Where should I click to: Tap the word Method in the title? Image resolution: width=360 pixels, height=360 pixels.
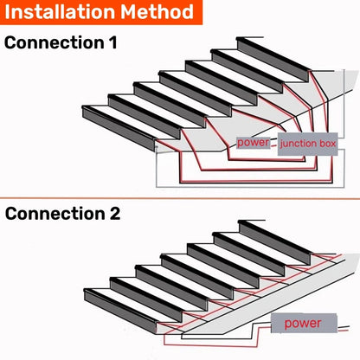(157, 12)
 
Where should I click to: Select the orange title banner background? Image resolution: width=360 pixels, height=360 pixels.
(201, 12)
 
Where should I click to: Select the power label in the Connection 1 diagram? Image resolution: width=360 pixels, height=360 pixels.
(253, 142)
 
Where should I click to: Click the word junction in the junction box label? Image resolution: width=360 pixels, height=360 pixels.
(298, 143)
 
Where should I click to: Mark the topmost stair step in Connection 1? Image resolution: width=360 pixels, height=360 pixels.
(260, 42)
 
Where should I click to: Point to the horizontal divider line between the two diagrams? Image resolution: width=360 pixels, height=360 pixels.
(180, 198)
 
